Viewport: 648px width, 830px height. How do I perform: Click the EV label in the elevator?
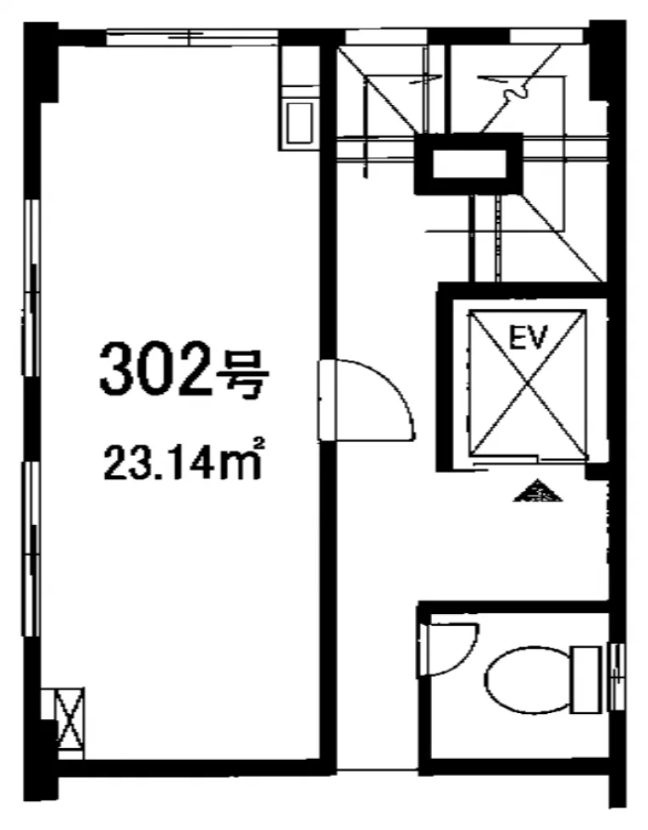point(526,337)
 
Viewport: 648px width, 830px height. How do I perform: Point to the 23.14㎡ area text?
point(184,460)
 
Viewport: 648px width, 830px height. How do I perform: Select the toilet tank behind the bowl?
point(587,679)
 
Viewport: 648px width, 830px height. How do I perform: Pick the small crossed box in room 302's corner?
point(70,723)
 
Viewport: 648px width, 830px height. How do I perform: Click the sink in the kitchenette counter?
point(299,124)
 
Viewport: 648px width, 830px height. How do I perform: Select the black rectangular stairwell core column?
point(468,163)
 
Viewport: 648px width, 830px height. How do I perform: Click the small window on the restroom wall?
point(617,677)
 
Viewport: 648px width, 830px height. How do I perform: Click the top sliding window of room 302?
point(192,38)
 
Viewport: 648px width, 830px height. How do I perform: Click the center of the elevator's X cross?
point(527,383)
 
